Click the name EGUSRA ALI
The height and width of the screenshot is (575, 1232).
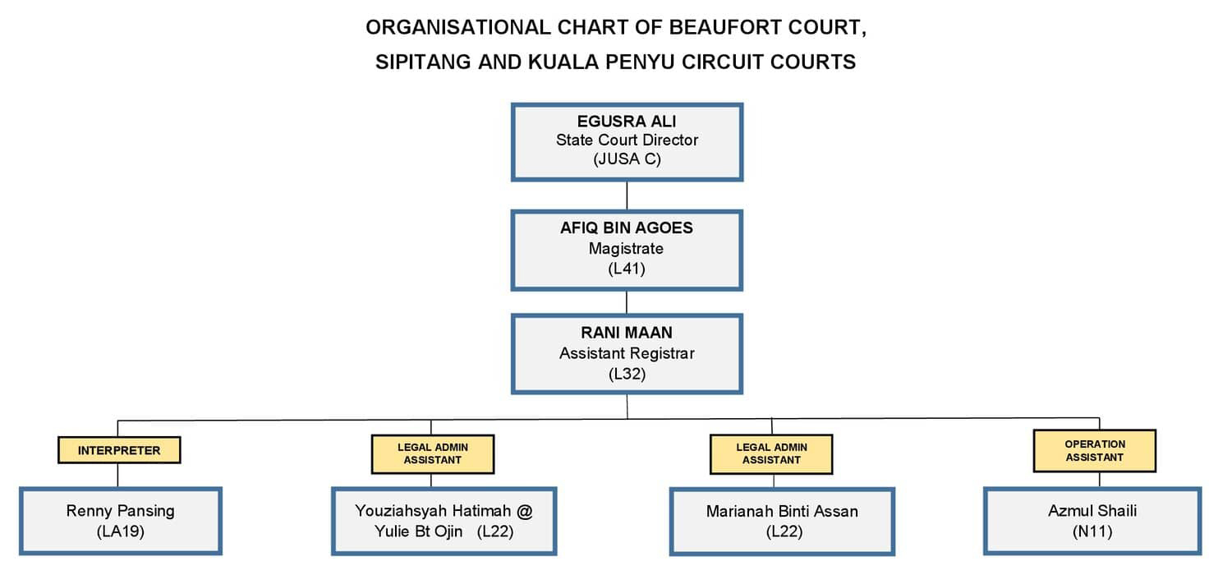coord(627,121)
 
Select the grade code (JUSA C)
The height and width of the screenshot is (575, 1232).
coord(627,159)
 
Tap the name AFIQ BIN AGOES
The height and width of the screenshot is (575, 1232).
coord(627,228)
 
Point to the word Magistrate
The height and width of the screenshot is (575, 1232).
coord(626,249)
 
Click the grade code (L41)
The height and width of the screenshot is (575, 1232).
coord(627,269)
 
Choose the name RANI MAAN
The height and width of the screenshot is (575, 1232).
coord(627,333)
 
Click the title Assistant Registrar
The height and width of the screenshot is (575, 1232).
coord(627,353)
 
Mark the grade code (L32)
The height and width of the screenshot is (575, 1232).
coord(627,375)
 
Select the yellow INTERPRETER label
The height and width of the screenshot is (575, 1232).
coord(119,450)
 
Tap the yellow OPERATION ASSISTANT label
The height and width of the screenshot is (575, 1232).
coord(1095,451)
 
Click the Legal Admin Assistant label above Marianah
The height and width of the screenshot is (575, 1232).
coord(771,454)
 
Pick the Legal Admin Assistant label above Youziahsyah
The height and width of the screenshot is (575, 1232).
coord(433,454)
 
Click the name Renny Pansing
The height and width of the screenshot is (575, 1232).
coord(121,511)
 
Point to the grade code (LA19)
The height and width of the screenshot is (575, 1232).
coord(121,531)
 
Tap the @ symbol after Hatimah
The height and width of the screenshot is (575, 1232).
coord(525,512)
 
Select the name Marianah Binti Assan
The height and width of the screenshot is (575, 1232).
coord(782,512)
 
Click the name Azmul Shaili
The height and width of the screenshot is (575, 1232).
coord(1092,511)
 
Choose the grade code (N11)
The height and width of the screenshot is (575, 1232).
coord(1092,531)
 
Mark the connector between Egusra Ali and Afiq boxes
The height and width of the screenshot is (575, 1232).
coord(627,195)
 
